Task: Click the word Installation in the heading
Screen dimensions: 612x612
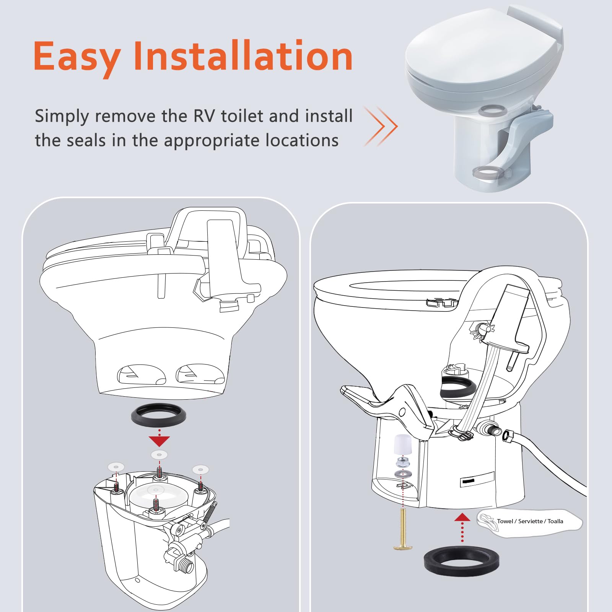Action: [243, 57]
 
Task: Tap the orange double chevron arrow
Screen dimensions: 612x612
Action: [381, 126]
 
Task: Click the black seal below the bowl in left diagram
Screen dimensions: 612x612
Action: [158, 415]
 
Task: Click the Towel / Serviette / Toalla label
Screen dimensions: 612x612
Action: [530, 521]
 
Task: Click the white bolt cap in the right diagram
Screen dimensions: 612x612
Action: [403, 444]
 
